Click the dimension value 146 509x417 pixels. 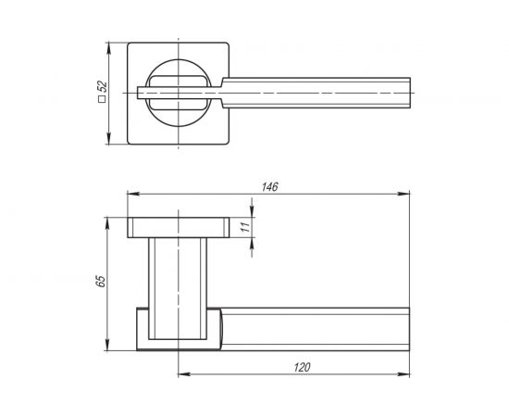click(269, 187)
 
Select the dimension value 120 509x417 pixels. click(302, 368)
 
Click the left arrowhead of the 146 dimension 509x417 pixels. click(130, 195)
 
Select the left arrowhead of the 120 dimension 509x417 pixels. click(180, 374)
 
